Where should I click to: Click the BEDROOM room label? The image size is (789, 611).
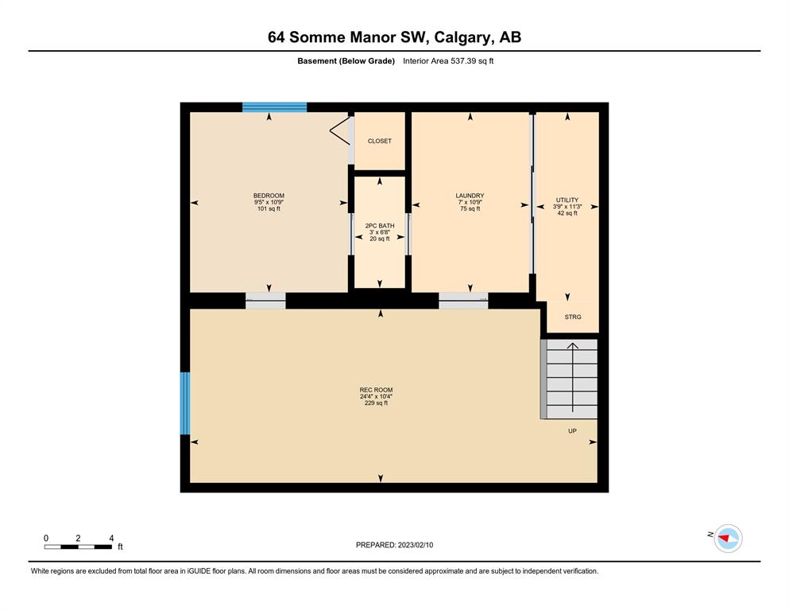269,196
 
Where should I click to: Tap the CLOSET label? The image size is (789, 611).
380,141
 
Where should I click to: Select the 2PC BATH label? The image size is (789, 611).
380,226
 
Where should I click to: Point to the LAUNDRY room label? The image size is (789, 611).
470,196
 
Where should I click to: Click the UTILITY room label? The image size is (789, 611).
567,200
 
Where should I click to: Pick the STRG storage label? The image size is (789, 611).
573,317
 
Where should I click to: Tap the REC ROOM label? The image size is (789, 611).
376,390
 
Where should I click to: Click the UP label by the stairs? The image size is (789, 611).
572,431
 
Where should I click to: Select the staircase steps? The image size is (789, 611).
569,379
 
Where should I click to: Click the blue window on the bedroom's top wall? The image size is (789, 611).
275,107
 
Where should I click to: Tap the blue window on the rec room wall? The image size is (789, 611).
185,403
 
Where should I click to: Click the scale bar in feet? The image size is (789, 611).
78,547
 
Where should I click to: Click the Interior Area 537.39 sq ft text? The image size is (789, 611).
448,61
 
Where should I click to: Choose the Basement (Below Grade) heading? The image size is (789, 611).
346,61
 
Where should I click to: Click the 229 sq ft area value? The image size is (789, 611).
376,403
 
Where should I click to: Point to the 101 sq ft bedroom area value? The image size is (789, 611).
269,208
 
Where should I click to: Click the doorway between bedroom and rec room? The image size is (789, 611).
265,301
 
